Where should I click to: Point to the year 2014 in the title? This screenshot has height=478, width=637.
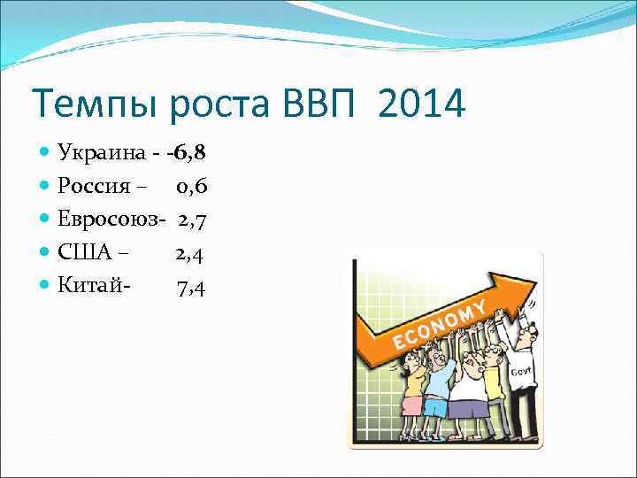(420, 105)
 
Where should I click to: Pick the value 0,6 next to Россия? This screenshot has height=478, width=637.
(191, 186)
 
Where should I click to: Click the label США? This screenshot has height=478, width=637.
(85, 253)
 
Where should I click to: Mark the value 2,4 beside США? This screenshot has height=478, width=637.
(190, 253)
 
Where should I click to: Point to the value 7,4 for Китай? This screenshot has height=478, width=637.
(191, 287)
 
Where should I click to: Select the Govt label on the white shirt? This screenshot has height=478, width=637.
(520, 374)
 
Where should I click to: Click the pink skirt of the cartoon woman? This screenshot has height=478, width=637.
(412, 405)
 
